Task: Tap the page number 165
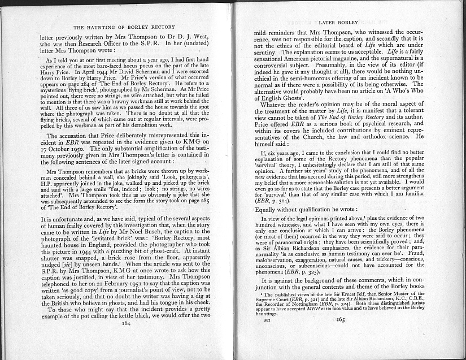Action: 341,335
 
